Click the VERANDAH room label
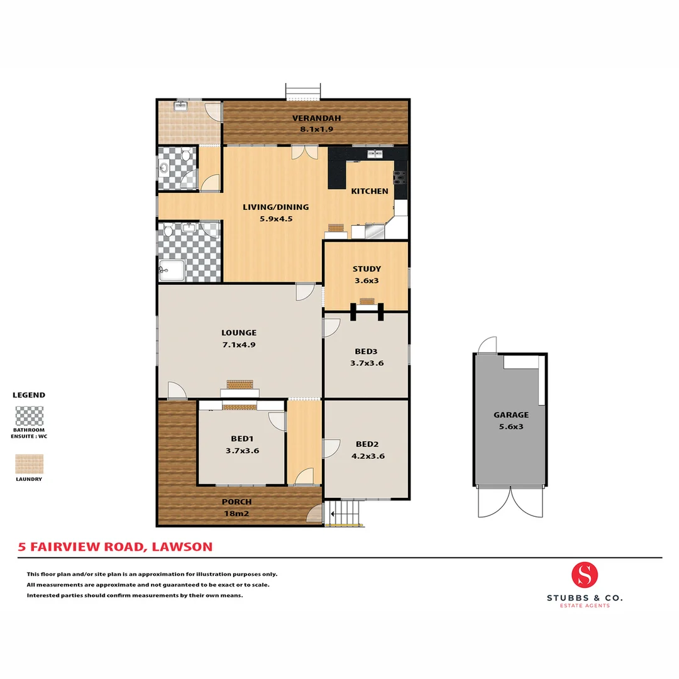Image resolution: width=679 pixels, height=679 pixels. point(312,118)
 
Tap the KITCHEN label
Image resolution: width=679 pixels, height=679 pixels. point(369,191)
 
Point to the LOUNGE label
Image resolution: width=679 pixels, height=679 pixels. point(238,333)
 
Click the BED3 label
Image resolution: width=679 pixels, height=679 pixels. point(367,351)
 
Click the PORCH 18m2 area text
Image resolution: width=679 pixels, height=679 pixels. point(236,514)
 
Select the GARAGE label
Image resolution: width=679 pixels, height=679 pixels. point(511,414)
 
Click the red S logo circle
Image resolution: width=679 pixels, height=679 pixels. point(585,574)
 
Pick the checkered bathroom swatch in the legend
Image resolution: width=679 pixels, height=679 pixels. point(30,416)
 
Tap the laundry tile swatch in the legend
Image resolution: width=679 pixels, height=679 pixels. point(30,464)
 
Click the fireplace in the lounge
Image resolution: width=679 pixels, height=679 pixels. point(239,385)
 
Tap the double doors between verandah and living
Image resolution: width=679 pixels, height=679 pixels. point(301,152)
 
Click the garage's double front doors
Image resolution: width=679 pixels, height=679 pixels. point(510,501)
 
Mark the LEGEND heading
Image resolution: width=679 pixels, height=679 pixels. point(29,395)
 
